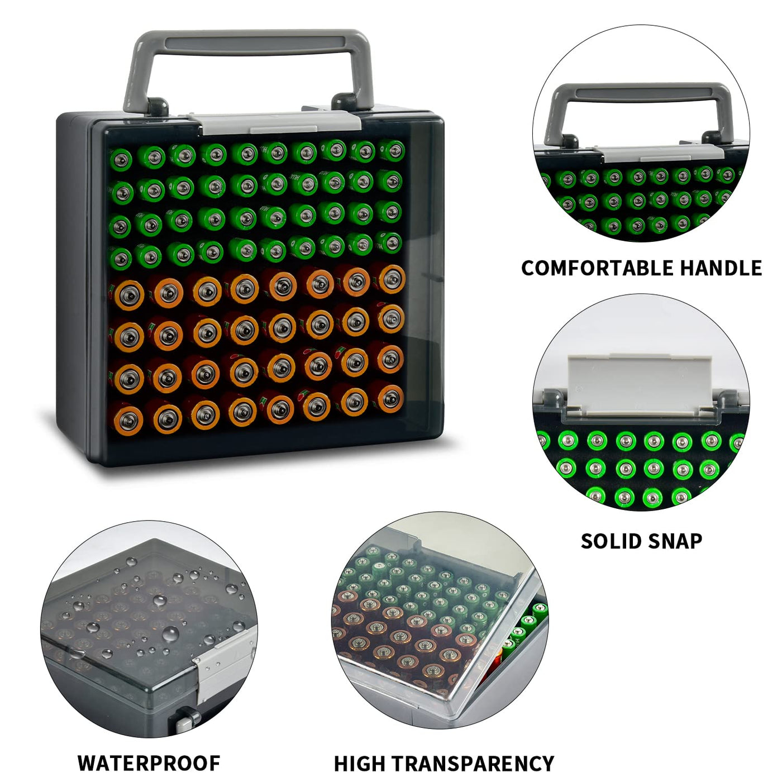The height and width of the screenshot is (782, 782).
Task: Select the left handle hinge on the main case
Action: point(158,106)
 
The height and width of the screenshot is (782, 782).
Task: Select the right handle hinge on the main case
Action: point(344,102)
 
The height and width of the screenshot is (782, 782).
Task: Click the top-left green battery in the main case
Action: point(121,159)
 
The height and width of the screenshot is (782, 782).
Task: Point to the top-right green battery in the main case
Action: point(392,151)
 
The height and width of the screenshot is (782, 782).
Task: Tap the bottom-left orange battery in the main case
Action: point(128,417)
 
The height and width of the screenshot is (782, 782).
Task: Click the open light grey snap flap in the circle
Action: point(640,384)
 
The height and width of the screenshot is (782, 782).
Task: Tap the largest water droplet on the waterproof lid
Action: point(170,633)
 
